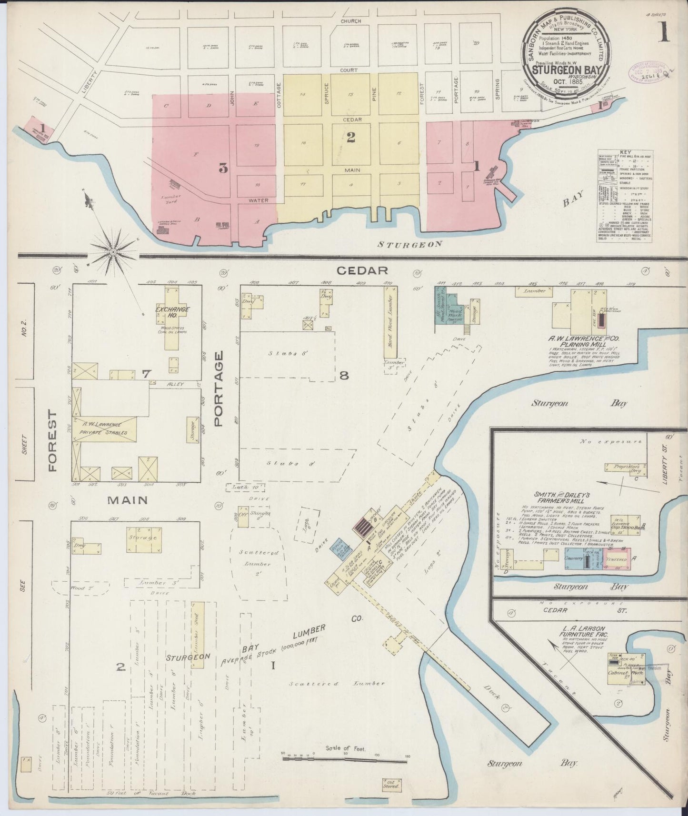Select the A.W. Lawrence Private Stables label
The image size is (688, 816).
pos(103,428)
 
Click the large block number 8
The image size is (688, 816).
pos(344,376)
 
